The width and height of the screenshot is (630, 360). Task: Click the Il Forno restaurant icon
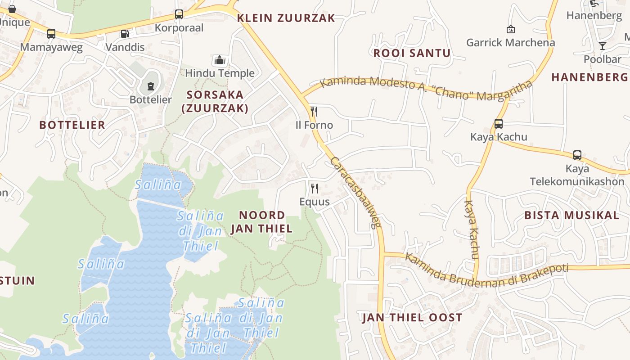coord(314,112)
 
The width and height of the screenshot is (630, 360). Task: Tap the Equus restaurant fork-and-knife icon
coord(315,188)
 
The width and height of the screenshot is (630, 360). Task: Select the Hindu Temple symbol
coord(219,60)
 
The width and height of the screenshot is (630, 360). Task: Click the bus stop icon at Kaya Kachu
coord(498,124)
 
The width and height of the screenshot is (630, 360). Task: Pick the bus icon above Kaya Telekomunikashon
coord(577,155)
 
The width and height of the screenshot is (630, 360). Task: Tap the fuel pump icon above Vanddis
coord(124,34)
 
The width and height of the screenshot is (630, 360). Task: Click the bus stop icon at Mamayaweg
coord(51,34)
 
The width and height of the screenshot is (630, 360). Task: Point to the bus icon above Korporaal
coord(179,14)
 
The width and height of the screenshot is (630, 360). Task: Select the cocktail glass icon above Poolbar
coord(602,46)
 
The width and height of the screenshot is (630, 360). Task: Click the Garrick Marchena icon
coord(510,30)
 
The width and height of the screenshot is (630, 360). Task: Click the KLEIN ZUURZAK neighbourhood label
coord(286,18)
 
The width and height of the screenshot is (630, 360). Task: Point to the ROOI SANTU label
coord(412,53)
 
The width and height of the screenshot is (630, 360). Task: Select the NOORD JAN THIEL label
coord(261,222)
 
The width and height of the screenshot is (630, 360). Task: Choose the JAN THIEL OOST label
coord(412,318)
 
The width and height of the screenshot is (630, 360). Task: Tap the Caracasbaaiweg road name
coord(355,193)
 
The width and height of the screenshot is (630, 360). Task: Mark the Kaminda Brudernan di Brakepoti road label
coord(486,270)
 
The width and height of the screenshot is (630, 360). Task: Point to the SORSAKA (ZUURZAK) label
coord(215,101)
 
